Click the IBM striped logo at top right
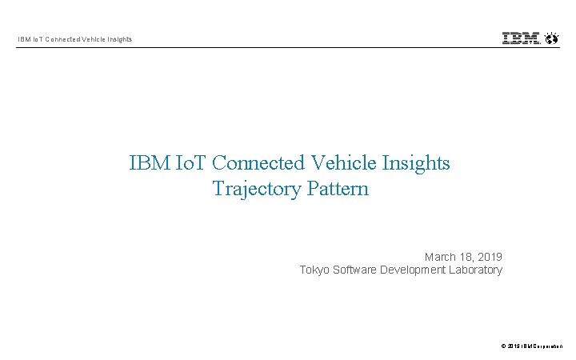pyautogui.click(x=521, y=38)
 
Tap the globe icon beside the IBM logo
pyautogui.click(x=551, y=38)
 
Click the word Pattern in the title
pyautogui.click(x=337, y=189)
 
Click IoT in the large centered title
pyautogui.click(x=190, y=163)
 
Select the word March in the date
pyautogui.click(x=440, y=257)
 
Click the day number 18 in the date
pyautogui.click(x=466, y=257)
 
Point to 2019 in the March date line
pyautogui.click(x=490, y=257)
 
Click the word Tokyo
pyautogui.click(x=314, y=270)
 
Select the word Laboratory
pyautogui.click(x=476, y=270)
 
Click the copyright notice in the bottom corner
pyautogui.click(x=531, y=346)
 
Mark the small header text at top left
pyautogui.click(x=75, y=39)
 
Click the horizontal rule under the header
pyautogui.click(x=288, y=48)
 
